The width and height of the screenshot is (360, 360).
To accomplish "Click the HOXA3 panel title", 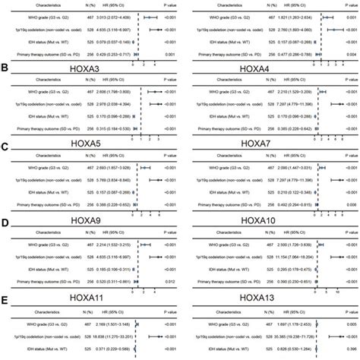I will pyautogui.click(x=90, y=69).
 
